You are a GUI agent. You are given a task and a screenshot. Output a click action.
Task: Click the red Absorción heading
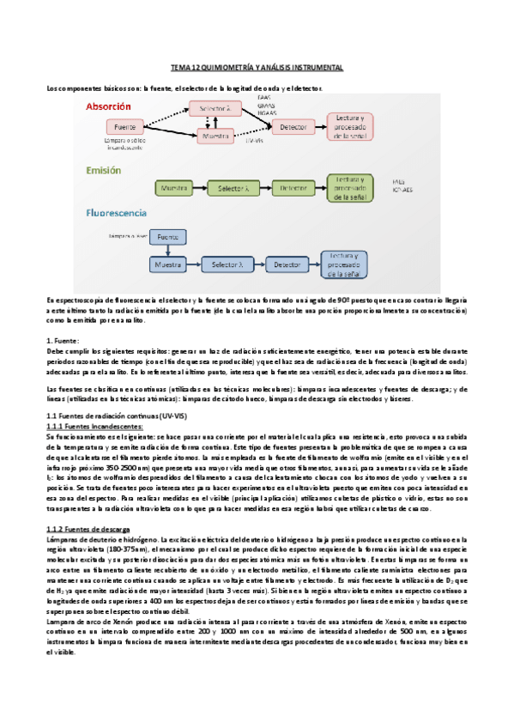point(107,106)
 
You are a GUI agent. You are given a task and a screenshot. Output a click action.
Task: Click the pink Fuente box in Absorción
point(126,127)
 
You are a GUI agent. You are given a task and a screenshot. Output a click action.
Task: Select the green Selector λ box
point(233,186)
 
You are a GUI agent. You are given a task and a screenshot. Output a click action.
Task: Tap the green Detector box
point(293,186)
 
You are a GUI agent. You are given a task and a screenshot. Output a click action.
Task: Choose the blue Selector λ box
point(227,266)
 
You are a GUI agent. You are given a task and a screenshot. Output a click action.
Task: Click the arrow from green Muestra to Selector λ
point(202,186)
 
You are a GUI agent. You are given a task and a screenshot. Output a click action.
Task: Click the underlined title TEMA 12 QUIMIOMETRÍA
point(257,67)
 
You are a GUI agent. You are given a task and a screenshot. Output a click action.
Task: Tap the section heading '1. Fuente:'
point(63,341)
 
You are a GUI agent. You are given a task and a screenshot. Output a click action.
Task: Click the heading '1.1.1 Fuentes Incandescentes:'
point(90,427)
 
